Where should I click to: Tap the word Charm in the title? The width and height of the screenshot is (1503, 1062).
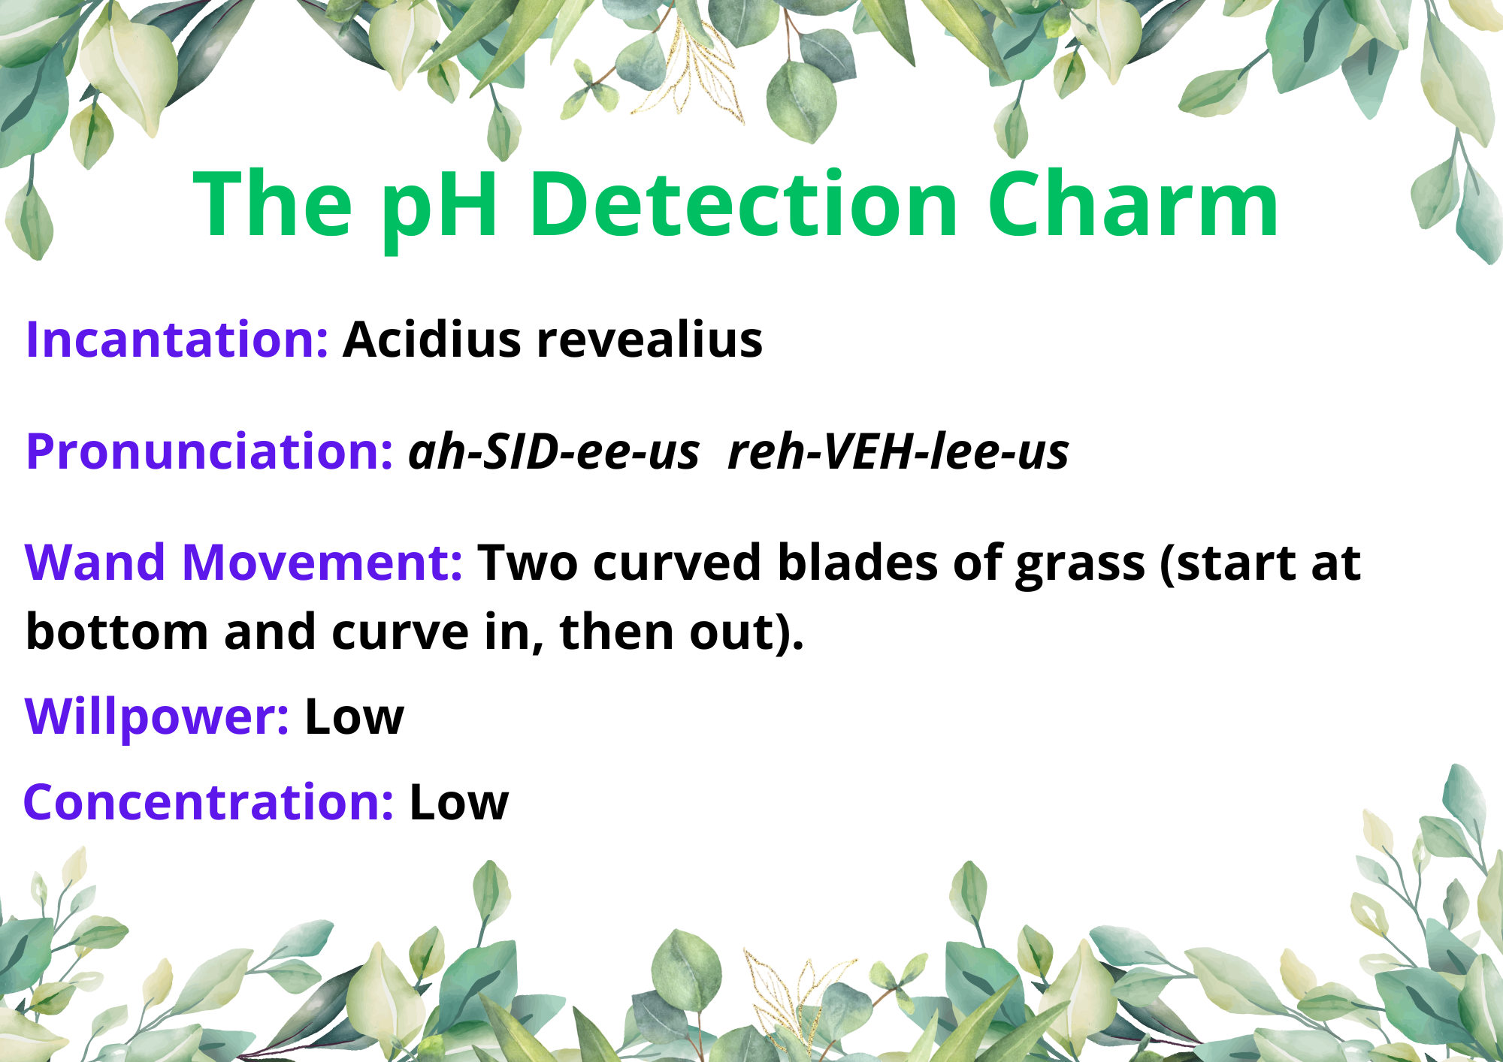pyautogui.click(x=1133, y=204)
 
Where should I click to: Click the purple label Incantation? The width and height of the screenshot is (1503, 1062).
pyautogui.click(x=177, y=339)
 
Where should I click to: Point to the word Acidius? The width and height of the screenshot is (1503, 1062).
pyautogui.click(x=431, y=339)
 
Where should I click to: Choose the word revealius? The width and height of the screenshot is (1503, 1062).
pyautogui.click(x=649, y=339)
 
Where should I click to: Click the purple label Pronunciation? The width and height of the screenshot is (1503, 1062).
pyautogui.click(x=209, y=452)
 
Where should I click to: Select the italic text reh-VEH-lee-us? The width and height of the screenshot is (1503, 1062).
pyautogui.click(x=899, y=452)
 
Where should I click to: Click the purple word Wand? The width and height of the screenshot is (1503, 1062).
pyautogui.click(x=95, y=563)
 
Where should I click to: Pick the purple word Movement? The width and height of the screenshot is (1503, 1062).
pyautogui.click(x=322, y=563)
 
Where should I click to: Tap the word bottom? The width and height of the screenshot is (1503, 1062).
pyautogui.click(x=116, y=632)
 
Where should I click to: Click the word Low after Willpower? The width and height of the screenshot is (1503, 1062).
pyautogui.click(x=354, y=717)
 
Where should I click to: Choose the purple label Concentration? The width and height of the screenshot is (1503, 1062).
pyautogui.click(x=208, y=802)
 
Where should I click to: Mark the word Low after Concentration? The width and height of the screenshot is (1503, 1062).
pyautogui.click(x=458, y=803)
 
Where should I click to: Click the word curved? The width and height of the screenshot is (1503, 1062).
pyautogui.click(x=677, y=563)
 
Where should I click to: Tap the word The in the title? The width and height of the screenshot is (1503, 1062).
pyautogui.click(x=273, y=204)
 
